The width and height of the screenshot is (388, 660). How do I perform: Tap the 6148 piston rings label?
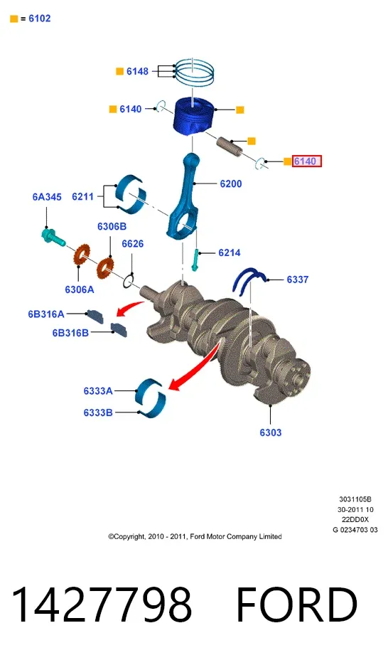(x=137, y=72)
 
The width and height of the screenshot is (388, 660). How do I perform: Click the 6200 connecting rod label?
(x=231, y=184)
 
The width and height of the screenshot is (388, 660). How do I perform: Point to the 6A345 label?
(x=47, y=197)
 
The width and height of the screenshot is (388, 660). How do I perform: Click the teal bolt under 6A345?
(x=53, y=238)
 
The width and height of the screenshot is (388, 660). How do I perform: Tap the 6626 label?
(x=133, y=244)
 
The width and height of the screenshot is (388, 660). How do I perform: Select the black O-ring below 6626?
(x=129, y=280)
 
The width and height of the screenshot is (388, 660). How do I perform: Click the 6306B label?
(x=112, y=226)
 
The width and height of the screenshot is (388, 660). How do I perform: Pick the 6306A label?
(x=80, y=289)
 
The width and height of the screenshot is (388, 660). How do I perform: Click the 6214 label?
(x=230, y=252)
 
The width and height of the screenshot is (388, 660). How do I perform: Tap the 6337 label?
(x=298, y=280)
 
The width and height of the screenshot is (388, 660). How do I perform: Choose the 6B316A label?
(x=46, y=314)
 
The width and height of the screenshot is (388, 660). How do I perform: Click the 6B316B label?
(x=70, y=333)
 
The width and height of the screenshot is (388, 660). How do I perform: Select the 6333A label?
(x=98, y=391)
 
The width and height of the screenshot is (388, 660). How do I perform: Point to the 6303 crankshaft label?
(x=270, y=432)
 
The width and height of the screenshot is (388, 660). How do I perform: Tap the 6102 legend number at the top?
(x=40, y=18)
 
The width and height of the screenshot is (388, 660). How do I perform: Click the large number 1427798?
(x=102, y=605)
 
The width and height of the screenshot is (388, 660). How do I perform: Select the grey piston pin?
(x=229, y=145)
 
